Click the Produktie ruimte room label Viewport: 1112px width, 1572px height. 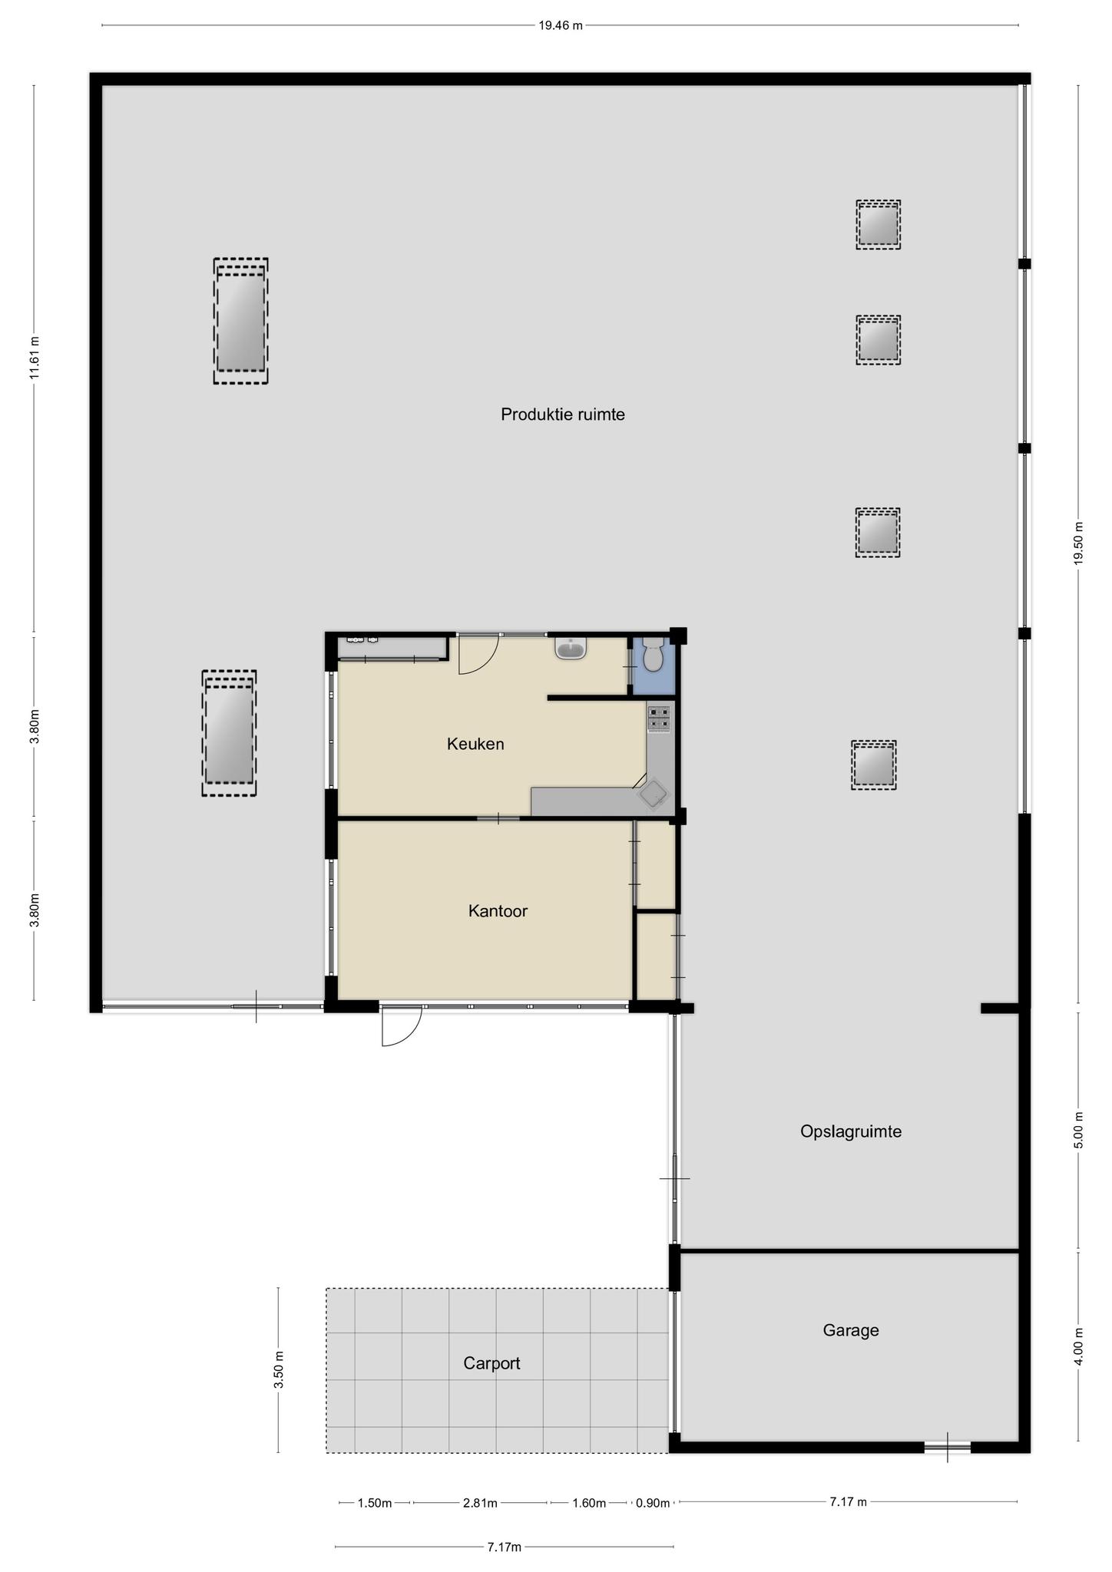click(563, 414)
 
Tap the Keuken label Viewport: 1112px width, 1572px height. click(475, 744)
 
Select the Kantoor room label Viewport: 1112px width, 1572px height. click(498, 911)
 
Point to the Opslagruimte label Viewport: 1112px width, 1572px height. click(851, 1131)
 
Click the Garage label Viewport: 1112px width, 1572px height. click(851, 1330)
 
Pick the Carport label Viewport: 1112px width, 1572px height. click(491, 1363)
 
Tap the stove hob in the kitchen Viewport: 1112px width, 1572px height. click(659, 718)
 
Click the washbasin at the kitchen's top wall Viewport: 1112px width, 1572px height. click(571, 649)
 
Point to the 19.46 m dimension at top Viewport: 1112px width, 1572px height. click(561, 25)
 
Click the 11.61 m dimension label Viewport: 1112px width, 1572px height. click(34, 358)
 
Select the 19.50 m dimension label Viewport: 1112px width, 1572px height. click(1078, 543)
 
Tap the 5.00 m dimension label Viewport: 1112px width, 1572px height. click(1078, 1130)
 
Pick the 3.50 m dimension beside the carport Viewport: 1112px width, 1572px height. click(279, 1369)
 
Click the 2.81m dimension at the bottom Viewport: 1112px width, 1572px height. click(480, 1503)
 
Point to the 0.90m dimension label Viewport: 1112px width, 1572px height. click(653, 1503)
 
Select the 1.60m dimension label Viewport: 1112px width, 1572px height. click(589, 1503)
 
